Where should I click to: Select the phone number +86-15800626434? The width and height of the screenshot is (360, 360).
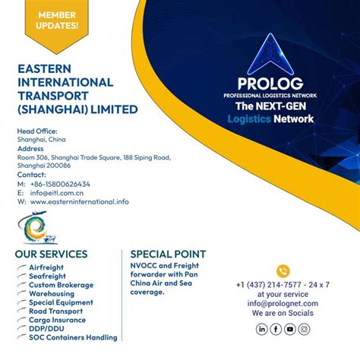(60, 184)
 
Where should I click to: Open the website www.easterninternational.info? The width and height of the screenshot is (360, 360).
(80, 202)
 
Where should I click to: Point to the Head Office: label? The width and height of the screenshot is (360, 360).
(37, 131)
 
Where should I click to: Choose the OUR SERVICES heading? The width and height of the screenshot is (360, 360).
(51, 254)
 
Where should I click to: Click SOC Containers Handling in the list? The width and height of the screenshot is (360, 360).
(73, 337)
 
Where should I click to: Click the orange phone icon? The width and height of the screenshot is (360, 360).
(283, 271)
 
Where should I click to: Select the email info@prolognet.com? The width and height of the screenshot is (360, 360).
(283, 302)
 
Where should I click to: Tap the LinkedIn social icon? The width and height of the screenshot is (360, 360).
(262, 329)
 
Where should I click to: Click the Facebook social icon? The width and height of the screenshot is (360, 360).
(276, 329)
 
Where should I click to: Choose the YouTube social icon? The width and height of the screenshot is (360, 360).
(290, 329)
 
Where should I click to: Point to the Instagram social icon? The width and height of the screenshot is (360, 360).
(304, 329)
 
